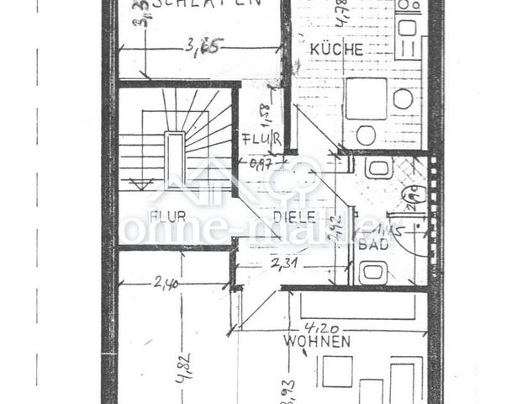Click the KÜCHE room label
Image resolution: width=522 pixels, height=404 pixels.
click(336, 50)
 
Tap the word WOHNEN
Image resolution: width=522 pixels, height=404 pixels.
click(316, 342)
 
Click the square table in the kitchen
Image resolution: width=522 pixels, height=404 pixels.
click(366, 98)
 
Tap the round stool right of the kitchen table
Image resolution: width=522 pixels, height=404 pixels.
click(403, 99)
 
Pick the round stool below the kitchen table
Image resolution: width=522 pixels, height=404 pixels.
click(366, 135)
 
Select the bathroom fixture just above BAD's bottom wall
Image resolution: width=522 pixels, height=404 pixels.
click(372, 271)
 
